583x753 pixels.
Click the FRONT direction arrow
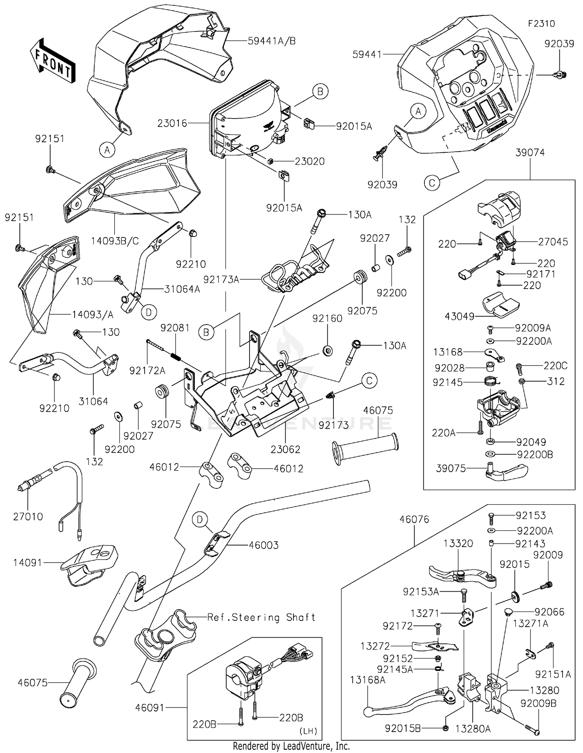tap(53, 61)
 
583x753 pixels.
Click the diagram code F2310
tap(541, 24)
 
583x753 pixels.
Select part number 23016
tap(172, 124)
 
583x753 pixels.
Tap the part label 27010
tap(28, 517)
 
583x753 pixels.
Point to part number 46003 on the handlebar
tap(264, 546)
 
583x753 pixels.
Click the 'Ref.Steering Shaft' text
tap(261, 617)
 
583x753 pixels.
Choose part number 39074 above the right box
tap(530, 153)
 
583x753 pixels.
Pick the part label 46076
tap(414, 519)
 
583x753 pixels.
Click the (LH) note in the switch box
tap(308, 731)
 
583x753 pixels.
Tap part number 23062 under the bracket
tap(286, 450)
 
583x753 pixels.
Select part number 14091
tap(28, 563)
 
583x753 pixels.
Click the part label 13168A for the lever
tap(368, 680)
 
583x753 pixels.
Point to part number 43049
tap(459, 317)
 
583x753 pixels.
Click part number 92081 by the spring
tap(175, 328)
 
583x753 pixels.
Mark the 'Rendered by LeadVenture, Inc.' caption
tap(291, 746)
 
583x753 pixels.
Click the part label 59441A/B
tap(272, 41)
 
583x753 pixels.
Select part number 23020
tap(309, 161)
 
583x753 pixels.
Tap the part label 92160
tap(327, 319)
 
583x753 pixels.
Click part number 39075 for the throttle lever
tap(451, 469)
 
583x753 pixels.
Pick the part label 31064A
tap(182, 289)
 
